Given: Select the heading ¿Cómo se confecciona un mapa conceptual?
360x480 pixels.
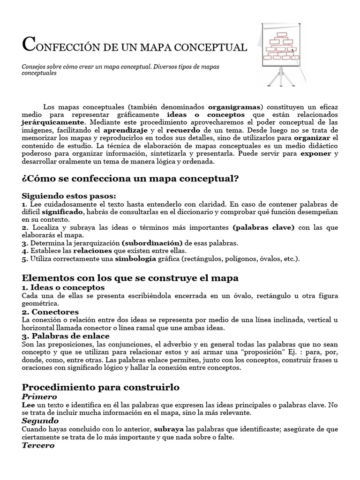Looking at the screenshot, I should pyautogui.click(x=130, y=179).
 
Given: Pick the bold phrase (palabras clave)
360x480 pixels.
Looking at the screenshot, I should pyautogui.click(x=263, y=227).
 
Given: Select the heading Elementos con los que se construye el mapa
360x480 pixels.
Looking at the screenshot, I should pyautogui.click(x=130, y=278).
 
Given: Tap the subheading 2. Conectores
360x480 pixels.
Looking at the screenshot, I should pyautogui.click(x=50, y=312).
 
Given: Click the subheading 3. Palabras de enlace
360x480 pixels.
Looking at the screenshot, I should pyautogui.click(x=66, y=336).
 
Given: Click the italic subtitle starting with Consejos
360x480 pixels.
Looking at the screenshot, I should pyautogui.click(x=120, y=70).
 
